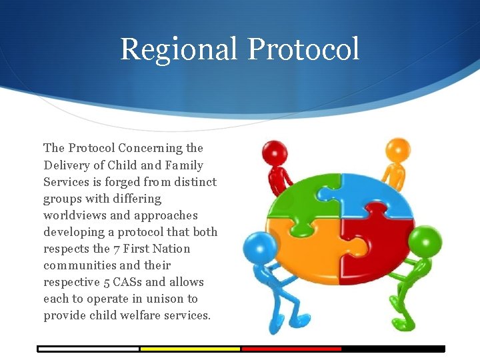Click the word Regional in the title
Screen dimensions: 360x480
179,49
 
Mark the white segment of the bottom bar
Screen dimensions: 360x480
88,349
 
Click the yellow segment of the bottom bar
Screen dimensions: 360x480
190,349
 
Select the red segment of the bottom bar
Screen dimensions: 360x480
291,349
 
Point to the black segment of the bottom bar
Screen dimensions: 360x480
393,349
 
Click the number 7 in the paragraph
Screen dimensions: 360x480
116,249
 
